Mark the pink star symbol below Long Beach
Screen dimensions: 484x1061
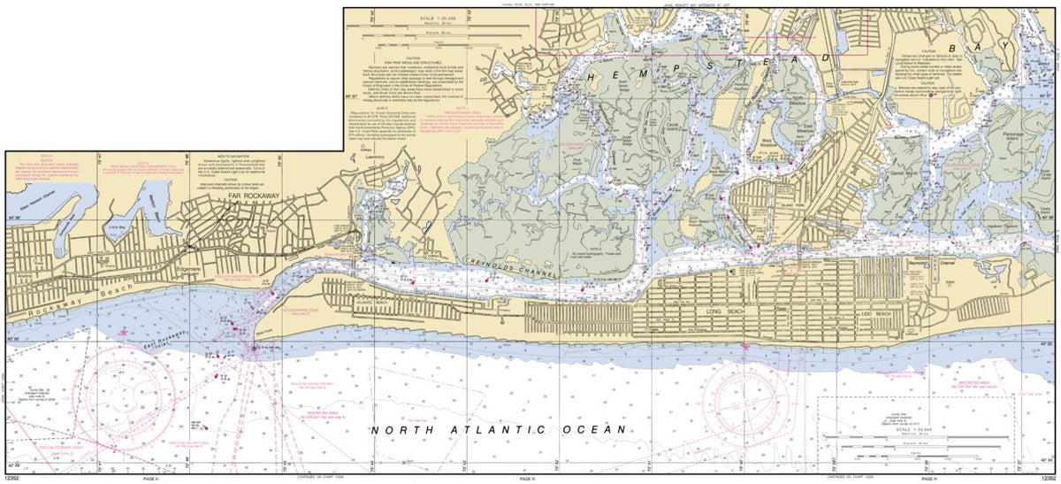pyautogui.click(x=745, y=347)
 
